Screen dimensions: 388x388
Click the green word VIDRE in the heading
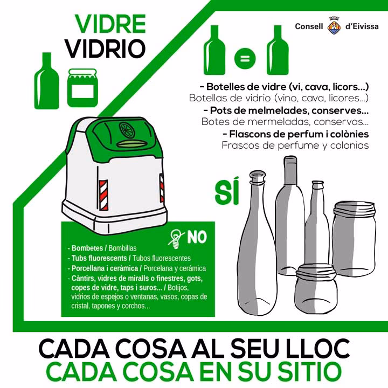(x=110, y=24)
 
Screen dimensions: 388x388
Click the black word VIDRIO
(x=106, y=48)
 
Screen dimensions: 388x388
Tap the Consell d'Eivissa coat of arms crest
(x=334, y=26)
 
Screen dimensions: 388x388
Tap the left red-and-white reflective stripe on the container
(x=103, y=191)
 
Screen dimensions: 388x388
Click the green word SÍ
(x=226, y=193)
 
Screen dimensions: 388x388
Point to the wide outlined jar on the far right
(x=354, y=232)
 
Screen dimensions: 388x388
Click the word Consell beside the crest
(x=309, y=26)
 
